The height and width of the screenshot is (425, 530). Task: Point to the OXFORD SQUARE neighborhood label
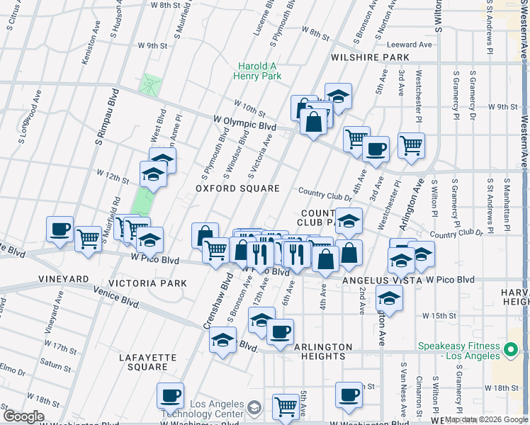[238, 188]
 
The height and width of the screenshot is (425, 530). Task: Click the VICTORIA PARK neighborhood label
[153, 283]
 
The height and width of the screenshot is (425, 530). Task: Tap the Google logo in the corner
[23, 416]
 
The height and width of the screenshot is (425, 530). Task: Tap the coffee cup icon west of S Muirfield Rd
[60, 229]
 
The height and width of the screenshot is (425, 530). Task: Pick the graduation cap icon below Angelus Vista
[389, 298]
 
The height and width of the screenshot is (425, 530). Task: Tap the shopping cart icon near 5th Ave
[286, 406]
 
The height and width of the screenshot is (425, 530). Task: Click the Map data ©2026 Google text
[487, 419]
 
